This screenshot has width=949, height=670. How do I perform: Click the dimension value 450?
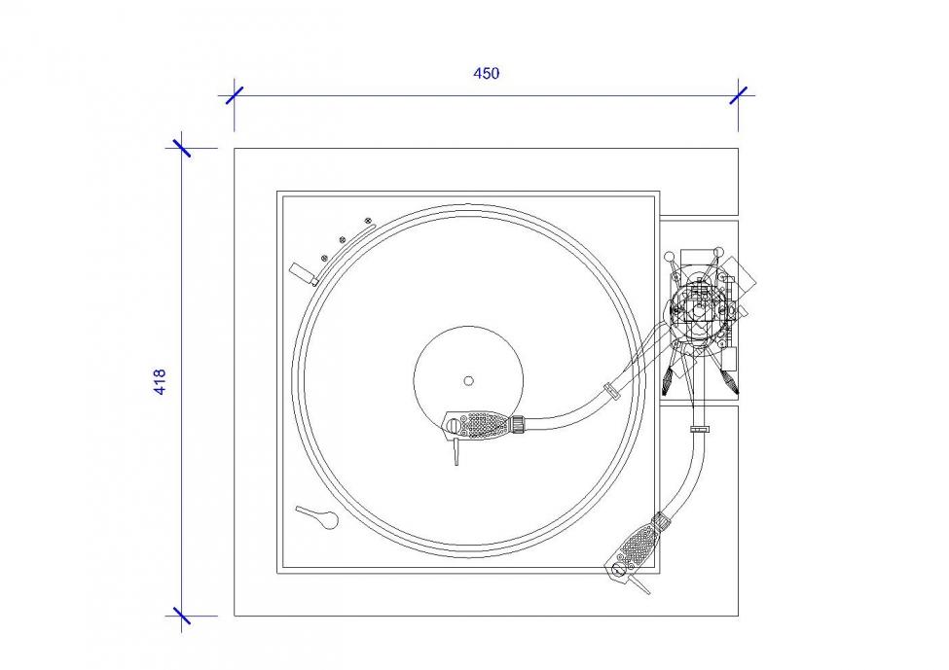click(486, 73)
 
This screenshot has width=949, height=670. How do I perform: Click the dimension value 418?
click(160, 382)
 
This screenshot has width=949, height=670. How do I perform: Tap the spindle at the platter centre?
click(468, 381)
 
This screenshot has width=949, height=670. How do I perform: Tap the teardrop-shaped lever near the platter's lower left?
click(317, 517)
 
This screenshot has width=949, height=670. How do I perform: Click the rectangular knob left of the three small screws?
click(304, 274)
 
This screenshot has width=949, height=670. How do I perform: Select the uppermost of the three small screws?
click(367, 221)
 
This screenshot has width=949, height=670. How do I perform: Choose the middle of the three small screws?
click(343, 239)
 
